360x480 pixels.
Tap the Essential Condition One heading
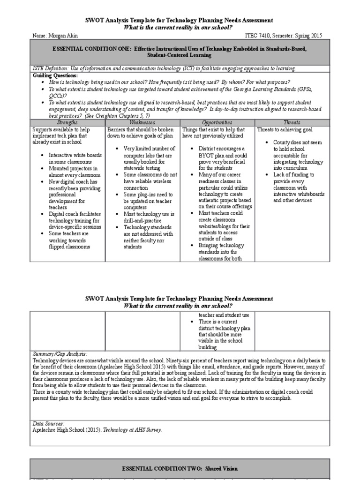[180, 52]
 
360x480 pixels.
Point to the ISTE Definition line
[164, 68]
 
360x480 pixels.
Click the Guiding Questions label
[55, 75]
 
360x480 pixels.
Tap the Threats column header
[292, 122]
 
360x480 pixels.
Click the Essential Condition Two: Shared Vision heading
[180, 468]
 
